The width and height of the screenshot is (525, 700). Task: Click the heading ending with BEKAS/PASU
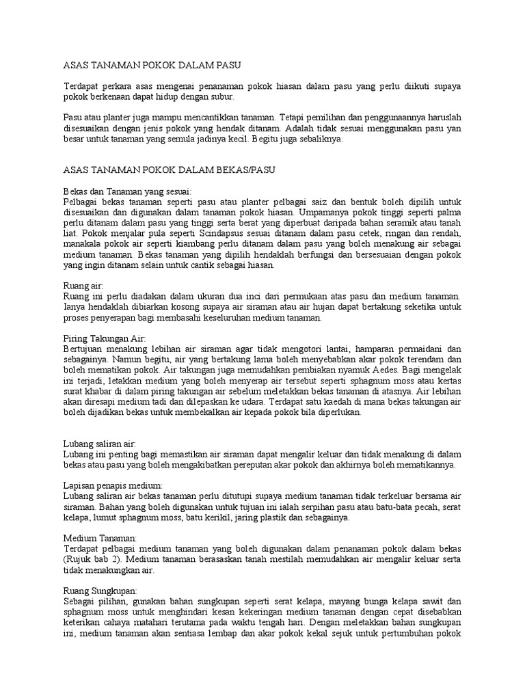169,169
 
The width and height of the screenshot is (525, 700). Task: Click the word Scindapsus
199,232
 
